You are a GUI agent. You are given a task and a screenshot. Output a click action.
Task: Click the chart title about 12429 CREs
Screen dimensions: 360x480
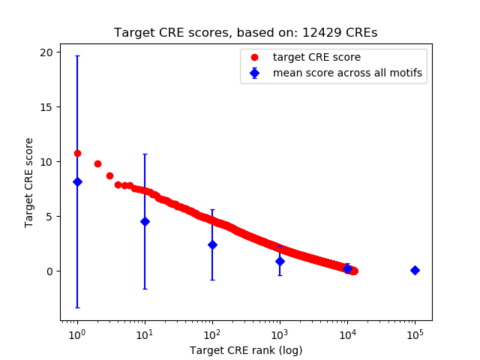[245, 33]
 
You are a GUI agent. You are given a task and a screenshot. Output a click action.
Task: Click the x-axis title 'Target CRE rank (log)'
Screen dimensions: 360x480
[245, 350]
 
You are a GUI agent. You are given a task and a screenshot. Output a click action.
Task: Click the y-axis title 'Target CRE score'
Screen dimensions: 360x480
[29, 182]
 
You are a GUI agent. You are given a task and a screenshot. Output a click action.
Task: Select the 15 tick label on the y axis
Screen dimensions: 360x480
[47, 107]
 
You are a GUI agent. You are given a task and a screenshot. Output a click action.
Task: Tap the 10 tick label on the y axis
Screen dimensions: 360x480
[47, 162]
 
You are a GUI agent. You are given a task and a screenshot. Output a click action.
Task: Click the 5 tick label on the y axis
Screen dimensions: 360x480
[50, 217]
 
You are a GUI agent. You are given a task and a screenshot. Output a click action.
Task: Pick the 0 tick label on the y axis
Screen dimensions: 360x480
[50, 271]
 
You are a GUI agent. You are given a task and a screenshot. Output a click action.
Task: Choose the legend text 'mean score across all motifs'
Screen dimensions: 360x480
[347, 73]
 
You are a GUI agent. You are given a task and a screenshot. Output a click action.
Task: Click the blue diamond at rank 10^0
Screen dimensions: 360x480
[77, 181]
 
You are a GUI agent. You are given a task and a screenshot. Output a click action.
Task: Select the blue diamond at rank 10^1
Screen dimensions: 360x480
[145, 221]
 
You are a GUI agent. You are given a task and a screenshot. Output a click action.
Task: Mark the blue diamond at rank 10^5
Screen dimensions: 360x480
[415, 270]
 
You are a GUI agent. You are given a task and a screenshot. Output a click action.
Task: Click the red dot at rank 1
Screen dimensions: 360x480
[77, 153]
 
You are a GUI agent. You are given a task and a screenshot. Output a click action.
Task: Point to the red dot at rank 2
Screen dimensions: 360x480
[97, 163]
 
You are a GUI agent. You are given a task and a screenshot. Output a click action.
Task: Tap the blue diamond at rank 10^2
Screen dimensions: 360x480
[212, 244]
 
